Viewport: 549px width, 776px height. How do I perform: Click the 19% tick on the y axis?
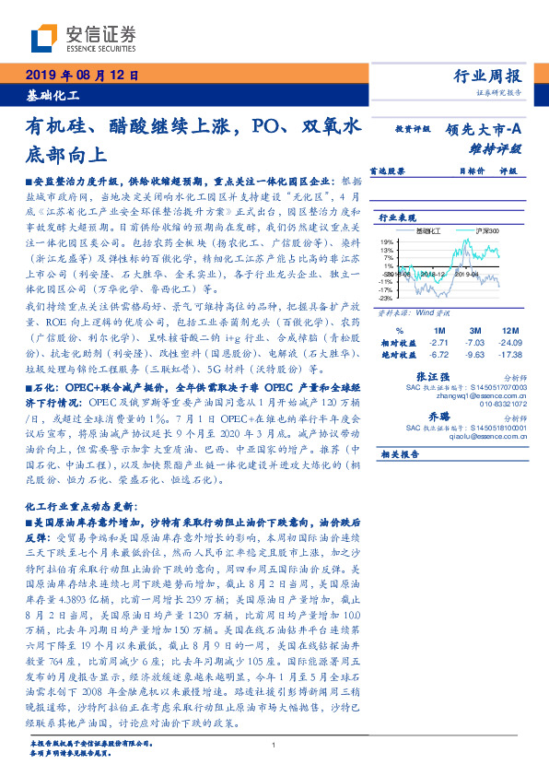point(388,241)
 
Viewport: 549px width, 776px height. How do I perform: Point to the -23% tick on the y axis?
point(387,298)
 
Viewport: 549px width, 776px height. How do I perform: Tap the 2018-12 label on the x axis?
point(431,274)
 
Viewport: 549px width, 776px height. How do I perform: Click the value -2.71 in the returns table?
point(437,341)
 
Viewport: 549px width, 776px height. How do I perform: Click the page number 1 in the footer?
point(274,745)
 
